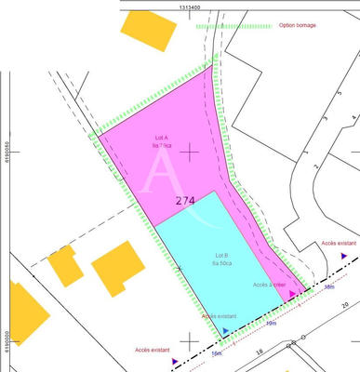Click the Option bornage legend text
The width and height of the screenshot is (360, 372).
point(299,25)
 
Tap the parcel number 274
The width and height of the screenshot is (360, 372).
point(184,199)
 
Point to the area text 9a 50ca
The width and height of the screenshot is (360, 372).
point(222,263)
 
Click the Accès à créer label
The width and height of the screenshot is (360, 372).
point(269,285)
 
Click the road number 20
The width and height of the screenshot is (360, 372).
point(345,304)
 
